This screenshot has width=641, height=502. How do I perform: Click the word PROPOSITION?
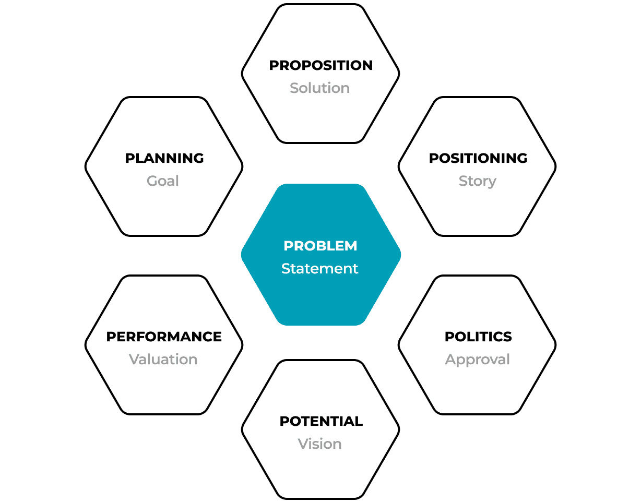click(x=320, y=65)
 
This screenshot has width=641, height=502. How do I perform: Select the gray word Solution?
click(x=319, y=88)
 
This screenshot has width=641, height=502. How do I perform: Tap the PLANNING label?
click(x=164, y=158)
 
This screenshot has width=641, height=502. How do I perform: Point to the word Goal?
click(x=163, y=181)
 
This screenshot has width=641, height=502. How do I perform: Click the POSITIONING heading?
click(x=478, y=158)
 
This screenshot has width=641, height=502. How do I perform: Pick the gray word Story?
click(x=477, y=181)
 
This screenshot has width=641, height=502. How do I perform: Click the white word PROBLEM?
click(x=320, y=246)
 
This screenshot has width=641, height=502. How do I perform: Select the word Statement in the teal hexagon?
click(x=319, y=269)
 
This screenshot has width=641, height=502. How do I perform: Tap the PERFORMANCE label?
click(x=164, y=337)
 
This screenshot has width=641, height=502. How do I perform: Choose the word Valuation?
click(x=163, y=360)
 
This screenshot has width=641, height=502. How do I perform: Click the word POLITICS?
click(x=478, y=337)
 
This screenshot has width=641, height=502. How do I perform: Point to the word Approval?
click(x=477, y=360)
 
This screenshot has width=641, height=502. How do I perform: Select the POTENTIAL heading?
click(x=321, y=421)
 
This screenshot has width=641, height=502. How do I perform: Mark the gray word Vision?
click(x=319, y=444)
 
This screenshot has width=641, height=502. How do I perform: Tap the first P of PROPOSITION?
click(x=274, y=65)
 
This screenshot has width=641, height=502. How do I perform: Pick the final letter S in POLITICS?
click(x=508, y=337)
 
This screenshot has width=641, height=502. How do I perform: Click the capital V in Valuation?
click(x=134, y=360)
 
